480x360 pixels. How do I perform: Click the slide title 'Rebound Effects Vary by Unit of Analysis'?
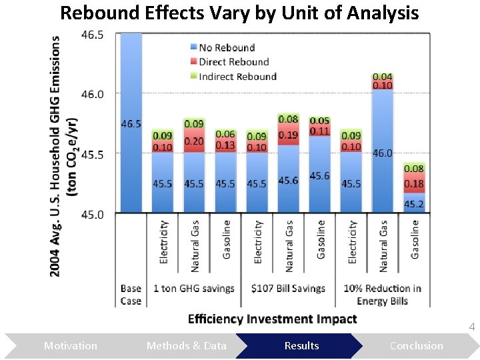click(239, 13)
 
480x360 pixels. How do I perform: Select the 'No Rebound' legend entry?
click(226, 47)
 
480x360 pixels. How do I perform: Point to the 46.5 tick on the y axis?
click(92, 35)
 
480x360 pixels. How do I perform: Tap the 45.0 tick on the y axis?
click(92, 214)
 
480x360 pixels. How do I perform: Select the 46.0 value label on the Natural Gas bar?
click(382, 153)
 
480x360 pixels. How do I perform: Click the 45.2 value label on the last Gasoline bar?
click(414, 204)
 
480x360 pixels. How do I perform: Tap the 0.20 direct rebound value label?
click(194, 141)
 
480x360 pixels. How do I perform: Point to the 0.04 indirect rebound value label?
click(382, 77)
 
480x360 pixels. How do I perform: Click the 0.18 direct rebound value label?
click(414, 184)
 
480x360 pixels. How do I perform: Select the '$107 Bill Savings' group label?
click(288, 289)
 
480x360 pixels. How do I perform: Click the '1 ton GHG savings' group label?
click(193, 289)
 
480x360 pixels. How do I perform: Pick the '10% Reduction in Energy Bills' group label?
click(382, 295)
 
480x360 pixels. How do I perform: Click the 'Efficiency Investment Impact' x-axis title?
click(272, 319)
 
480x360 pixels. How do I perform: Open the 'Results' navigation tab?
click(301, 345)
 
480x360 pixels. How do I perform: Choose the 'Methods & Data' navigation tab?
click(186, 345)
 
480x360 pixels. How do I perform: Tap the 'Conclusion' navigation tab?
click(416, 345)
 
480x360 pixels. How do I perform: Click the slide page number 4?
click(471, 327)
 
